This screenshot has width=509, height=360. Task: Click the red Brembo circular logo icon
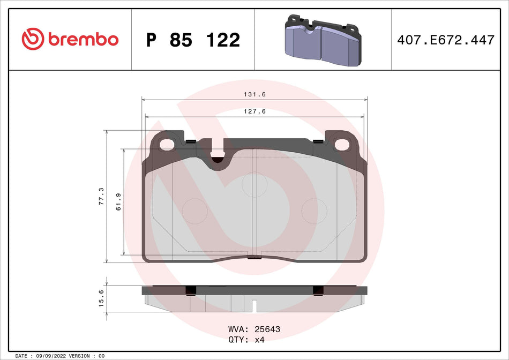(33, 39)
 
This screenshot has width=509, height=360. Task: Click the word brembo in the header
(83, 40)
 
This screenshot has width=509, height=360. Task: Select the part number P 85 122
(193, 40)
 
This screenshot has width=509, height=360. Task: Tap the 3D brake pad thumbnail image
(322, 40)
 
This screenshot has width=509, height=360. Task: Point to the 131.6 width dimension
(254, 94)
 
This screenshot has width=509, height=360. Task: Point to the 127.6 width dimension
(254, 111)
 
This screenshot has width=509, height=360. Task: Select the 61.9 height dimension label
(119, 202)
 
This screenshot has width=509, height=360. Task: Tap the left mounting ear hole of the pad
(168, 144)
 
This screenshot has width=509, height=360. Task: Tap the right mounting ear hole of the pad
(341, 144)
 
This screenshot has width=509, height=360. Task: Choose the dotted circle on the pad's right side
(315, 210)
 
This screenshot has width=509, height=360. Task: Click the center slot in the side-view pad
(255, 306)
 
